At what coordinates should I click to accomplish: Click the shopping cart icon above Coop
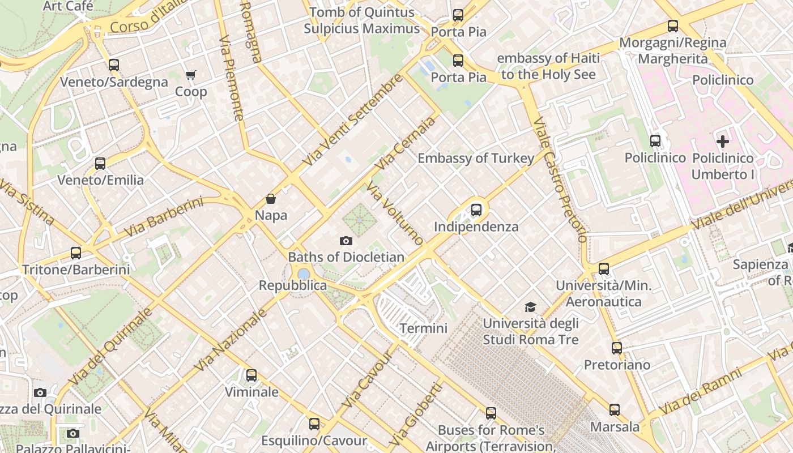click(x=191, y=75)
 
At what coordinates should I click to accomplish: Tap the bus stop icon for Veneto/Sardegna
click(x=114, y=65)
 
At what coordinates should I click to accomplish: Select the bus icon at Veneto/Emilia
click(x=100, y=164)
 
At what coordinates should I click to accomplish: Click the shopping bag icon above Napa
click(x=271, y=199)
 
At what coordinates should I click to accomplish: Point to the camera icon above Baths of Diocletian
click(x=346, y=241)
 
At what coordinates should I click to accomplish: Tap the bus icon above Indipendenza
click(x=476, y=210)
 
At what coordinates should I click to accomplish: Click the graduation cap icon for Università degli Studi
click(x=530, y=307)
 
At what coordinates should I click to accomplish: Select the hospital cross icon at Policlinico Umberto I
click(x=723, y=142)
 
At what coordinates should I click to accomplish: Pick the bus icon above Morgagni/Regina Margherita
click(x=673, y=26)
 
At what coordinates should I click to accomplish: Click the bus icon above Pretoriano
click(x=617, y=348)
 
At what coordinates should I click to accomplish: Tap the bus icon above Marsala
click(x=615, y=410)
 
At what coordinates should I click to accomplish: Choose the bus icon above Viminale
click(x=251, y=375)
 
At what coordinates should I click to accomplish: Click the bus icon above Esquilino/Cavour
click(x=314, y=424)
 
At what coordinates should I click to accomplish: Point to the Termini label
click(x=424, y=328)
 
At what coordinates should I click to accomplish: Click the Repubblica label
click(x=293, y=285)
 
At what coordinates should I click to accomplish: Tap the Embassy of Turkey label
click(x=476, y=159)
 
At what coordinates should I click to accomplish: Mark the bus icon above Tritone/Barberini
click(x=76, y=253)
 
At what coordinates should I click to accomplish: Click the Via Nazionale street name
click(x=231, y=340)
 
